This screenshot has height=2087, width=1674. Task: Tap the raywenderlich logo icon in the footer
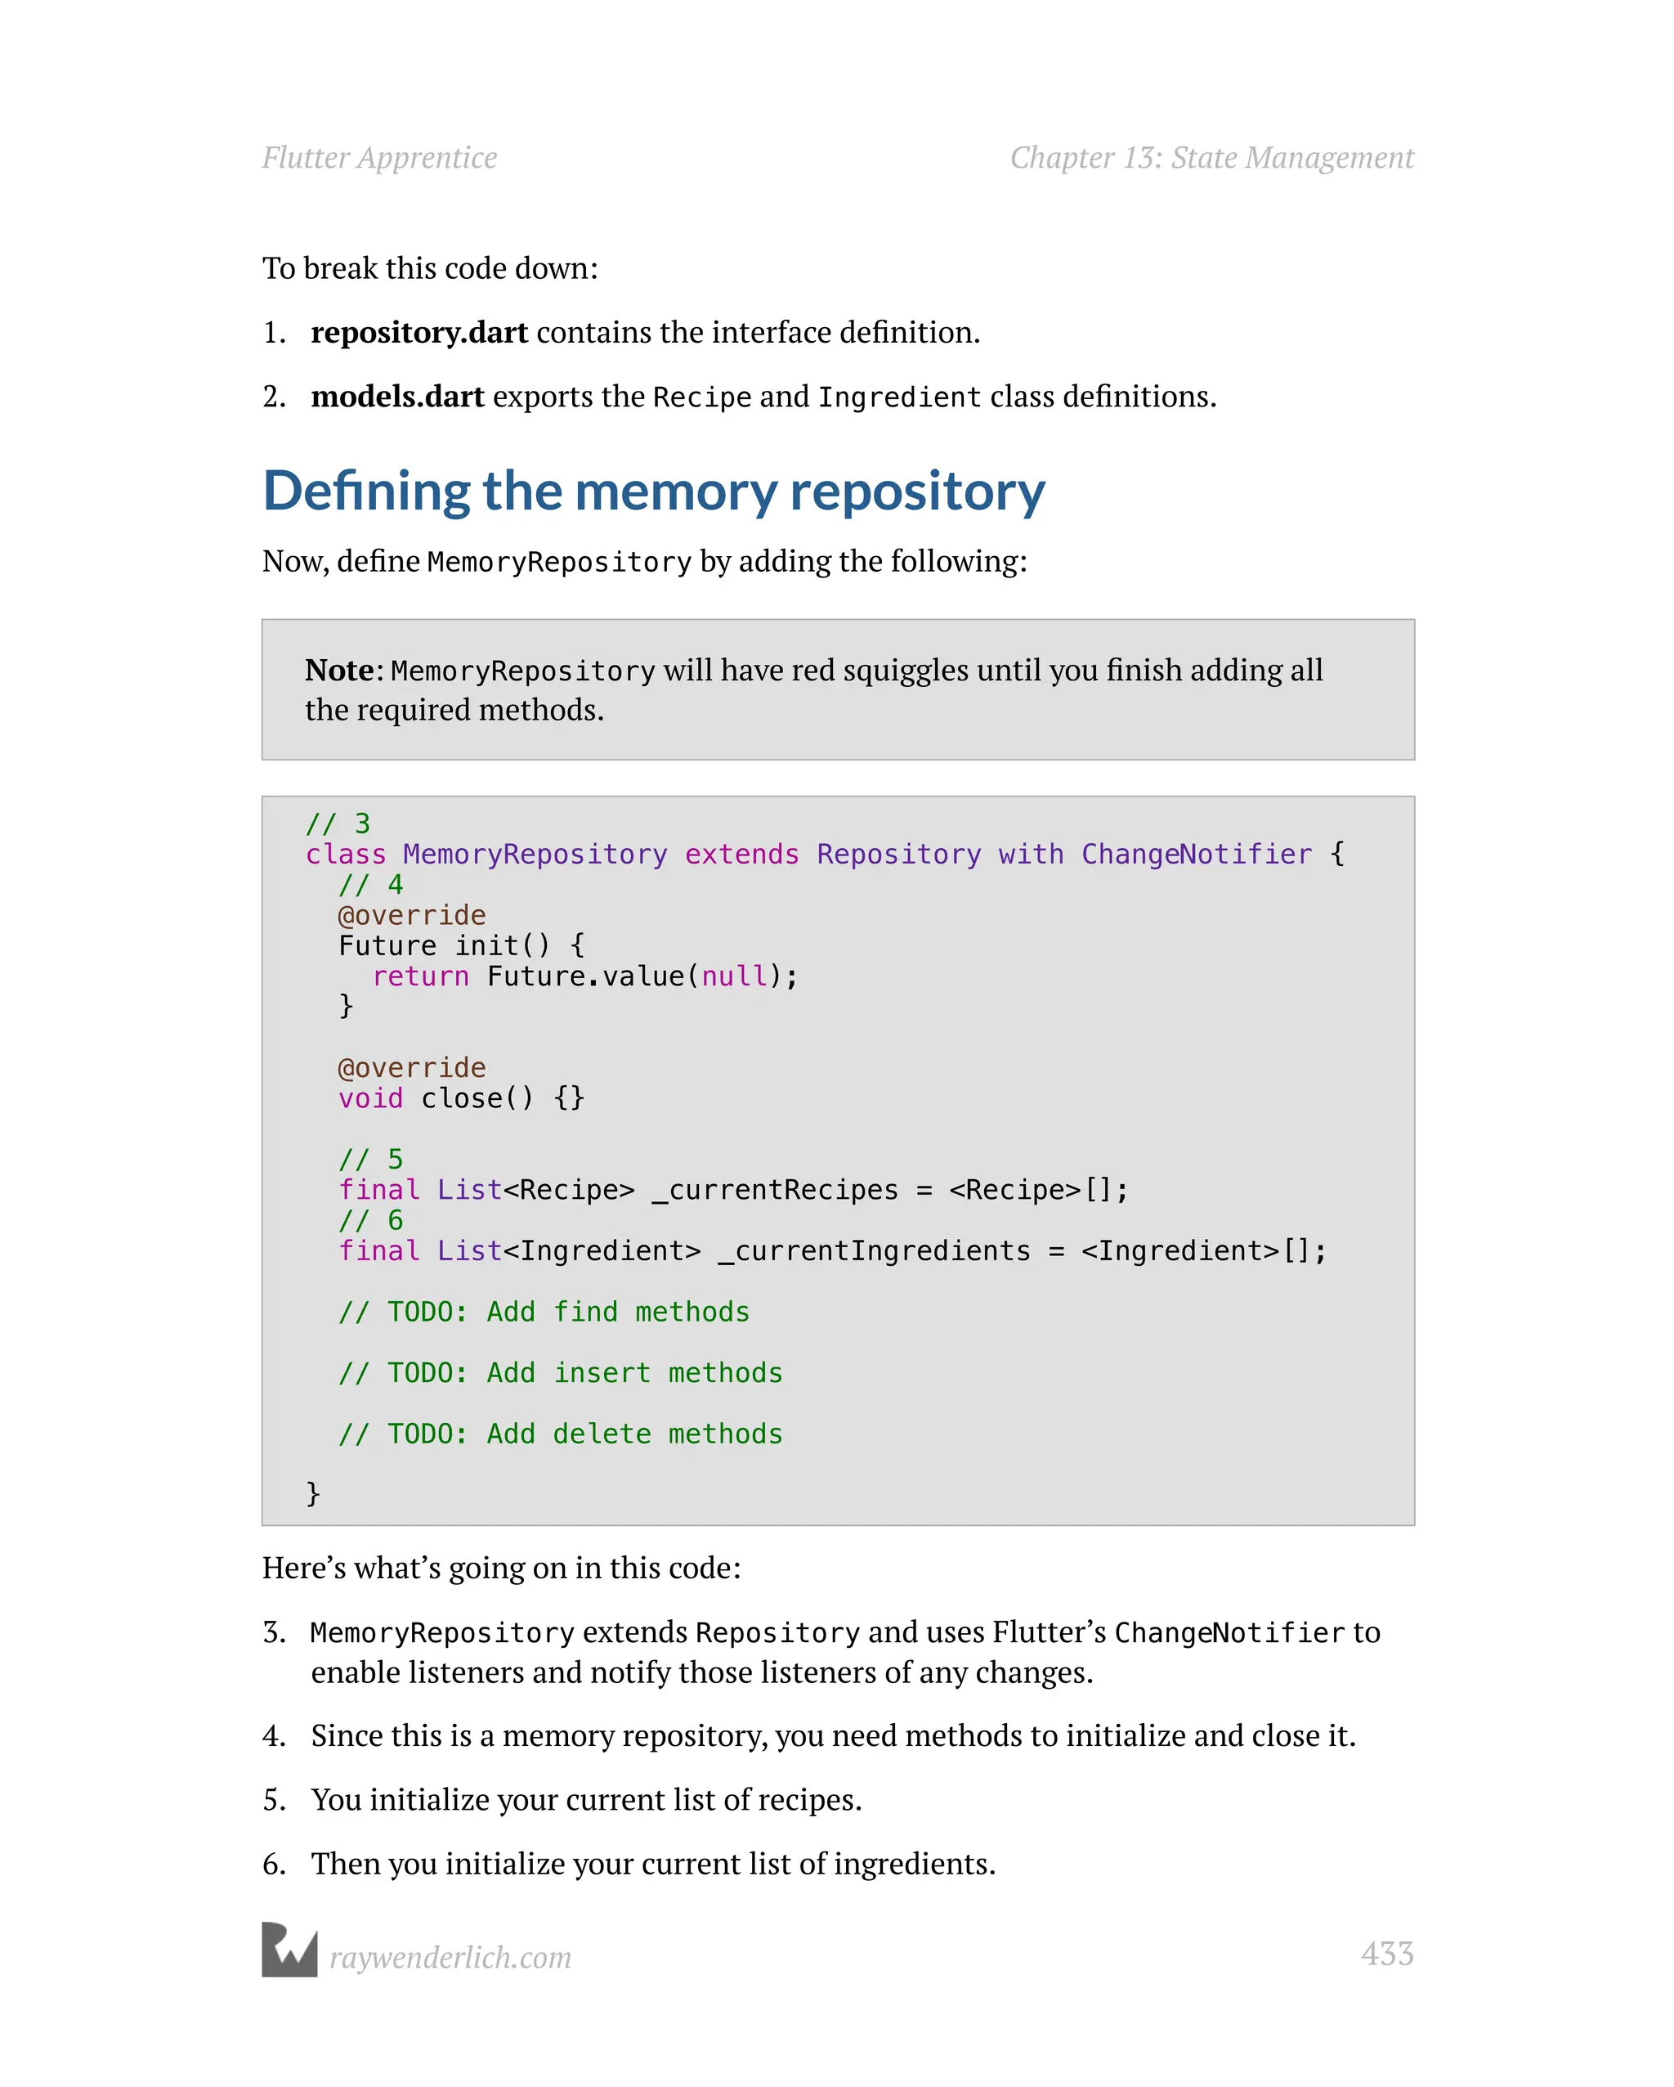click(x=289, y=1950)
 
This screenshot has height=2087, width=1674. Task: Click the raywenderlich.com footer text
click(x=450, y=1957)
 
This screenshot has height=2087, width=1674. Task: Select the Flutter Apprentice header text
click(x=379, y=158)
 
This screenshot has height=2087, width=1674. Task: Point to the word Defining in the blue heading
click(x=365, y=491)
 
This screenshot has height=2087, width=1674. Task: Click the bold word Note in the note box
click(x=338, y=670)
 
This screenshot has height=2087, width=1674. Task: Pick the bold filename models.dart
click(x=396, y=396)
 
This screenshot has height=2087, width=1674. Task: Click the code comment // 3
click(x=338, y=824)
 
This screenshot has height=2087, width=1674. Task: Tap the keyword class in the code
click(x=346, y=854)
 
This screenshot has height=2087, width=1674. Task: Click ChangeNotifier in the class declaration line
click(x=1196, y=854)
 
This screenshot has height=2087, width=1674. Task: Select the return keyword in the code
click(x=420, y=976)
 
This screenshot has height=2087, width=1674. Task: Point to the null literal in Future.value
click(x=733, y=976)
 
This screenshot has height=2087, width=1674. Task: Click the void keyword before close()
click(x=370, y=1097)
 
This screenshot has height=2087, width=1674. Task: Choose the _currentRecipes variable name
click(x=775, y=1190)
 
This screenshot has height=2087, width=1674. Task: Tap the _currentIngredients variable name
click(x=874, y=1250)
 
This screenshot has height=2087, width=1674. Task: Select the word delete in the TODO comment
click(x=602, y=1434)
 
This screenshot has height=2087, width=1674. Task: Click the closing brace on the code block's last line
click(x=312, y=1492)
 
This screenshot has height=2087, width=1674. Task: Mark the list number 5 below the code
click(x=274, y=1799)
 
